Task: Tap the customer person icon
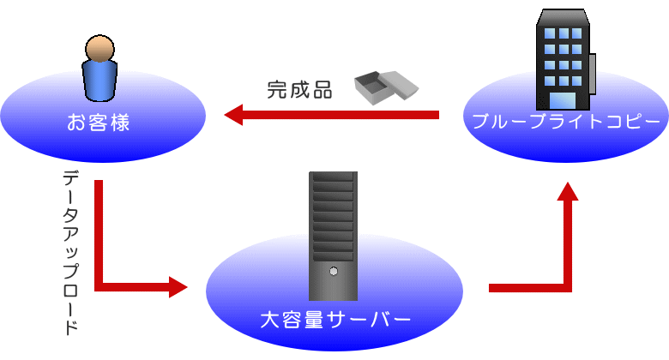[x=99, y=69]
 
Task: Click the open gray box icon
[x=386, y=86]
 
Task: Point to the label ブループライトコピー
[x=567, y=121]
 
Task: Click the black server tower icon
[x=333, y=235]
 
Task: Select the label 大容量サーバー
[x=335, y=321]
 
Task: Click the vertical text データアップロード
[x=72, y=252]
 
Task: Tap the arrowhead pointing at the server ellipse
[x=178, y=286]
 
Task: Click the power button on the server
[x=333, y=270]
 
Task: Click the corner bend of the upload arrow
[x=99, y=285]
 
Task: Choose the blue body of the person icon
[x=99, y=80]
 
